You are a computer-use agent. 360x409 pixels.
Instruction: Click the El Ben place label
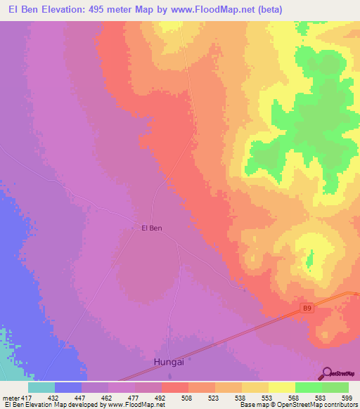click(153, 228)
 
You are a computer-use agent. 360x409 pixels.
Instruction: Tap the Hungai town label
click(169, 362)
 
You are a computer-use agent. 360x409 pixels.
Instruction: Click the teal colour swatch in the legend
click(41, 387)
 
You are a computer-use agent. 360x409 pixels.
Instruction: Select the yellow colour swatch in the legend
click(281, 387)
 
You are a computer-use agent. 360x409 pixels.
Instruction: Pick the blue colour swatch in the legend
click(68, 387)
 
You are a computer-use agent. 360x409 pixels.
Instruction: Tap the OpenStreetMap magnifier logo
click(326, 372)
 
